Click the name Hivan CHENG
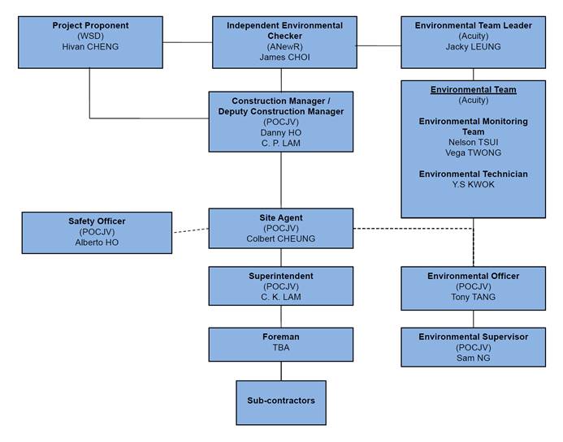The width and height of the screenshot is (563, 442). pyautogui.click(x=90, y=46)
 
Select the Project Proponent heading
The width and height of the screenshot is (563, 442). pyautogui.click(x=90, y=25)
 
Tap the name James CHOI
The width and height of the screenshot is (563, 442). pyautogui.click(x=284, y=57)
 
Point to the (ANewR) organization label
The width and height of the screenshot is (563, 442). pyautogui.click(x=284, y=46)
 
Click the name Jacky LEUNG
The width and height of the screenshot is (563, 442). pyautogui.click(x=474, y=46)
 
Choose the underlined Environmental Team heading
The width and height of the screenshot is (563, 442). pyautogui.click(x=474, y=90)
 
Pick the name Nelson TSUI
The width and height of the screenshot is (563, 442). pyautogui.click(x=474, y=142)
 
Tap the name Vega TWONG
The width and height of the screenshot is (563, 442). pyautogui.click(x=474, y=152)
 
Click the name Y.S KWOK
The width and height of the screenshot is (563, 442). pyautogui.click(x=474, y=184)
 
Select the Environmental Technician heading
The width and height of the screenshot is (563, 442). pyautogui.click(x=474, y=174)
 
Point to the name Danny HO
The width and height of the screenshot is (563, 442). pyautogui.click(x=281, y=133)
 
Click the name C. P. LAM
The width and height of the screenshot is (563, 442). pyautogui.click(x=281, y=143)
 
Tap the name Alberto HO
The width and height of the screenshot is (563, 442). pyautogui.click(x=97, y=242)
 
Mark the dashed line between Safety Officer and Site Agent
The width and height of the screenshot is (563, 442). pyautogui.click(x=191, y=230)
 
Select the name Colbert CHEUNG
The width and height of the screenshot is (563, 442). pyautogui.click(x=281, y=238)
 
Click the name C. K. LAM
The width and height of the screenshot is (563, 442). pyautogui.click(x=281, y=297)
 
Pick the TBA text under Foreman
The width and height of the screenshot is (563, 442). pyautogui.click(x=281, y=347)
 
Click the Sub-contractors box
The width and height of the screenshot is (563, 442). pyautogui.click(x=281, y=402)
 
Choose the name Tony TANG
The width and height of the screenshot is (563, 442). pyautogui.click(x=474, y=297)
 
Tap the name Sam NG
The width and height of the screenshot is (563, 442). pyautogui.click(x=474, y=358)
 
